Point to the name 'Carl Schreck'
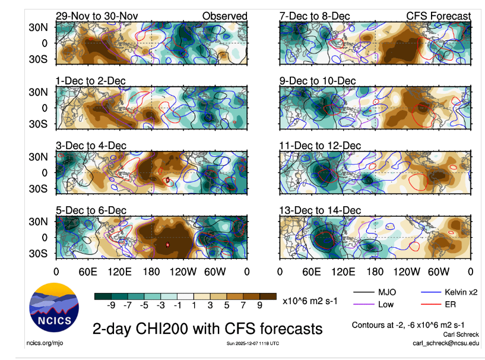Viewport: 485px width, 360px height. [x=458, y=334]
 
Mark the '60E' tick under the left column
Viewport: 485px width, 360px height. [x=88, y=271]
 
